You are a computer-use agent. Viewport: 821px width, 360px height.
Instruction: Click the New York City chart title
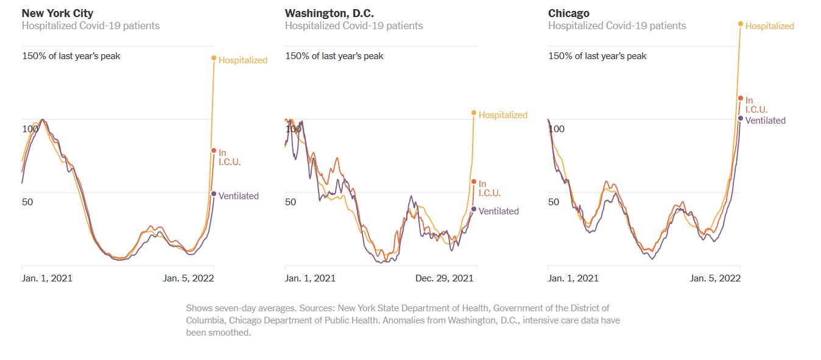pos(57,13)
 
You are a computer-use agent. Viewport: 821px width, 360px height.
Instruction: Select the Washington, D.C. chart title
pos(328,13)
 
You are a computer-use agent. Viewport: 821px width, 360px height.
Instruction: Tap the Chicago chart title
pos(568,13)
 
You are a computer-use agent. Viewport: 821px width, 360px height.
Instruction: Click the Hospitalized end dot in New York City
pos(214,58)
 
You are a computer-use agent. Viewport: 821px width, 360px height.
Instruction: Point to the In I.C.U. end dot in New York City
pos(214,150)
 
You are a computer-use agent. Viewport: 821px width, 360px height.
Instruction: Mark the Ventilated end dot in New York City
pos(214,194)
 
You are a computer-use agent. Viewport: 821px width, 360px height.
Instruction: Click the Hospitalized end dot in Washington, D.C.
pos(474,113)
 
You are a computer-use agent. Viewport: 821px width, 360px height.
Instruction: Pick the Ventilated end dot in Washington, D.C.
pos(474,210)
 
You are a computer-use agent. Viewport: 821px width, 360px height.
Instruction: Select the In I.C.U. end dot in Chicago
pos(741,98)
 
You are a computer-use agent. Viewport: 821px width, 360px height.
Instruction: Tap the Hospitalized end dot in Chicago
pos(741,24)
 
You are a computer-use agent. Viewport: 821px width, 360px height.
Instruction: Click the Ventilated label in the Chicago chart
pos(766,121)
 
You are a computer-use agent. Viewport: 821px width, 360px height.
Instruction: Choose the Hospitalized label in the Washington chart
pos(503,115)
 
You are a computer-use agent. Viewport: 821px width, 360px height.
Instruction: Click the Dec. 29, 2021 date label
pos(444,278)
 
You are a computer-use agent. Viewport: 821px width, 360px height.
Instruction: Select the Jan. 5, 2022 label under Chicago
pos(715,278)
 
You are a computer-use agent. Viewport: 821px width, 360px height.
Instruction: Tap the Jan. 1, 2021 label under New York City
pos(47,278)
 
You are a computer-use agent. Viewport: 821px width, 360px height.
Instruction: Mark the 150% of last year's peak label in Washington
pos(334,56)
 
